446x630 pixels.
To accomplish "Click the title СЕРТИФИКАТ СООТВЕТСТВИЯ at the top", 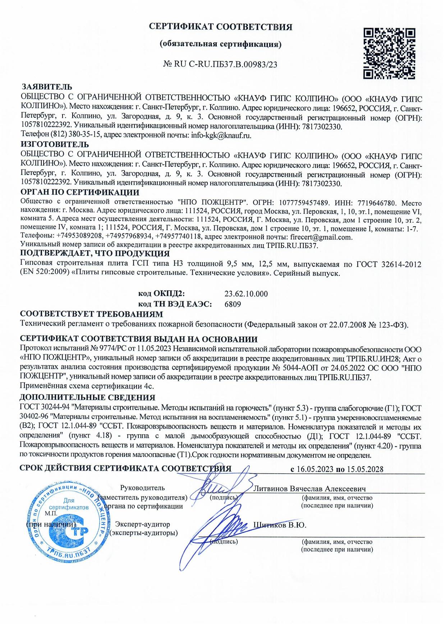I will point(221,27).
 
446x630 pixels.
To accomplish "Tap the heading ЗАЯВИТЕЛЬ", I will point(47,87).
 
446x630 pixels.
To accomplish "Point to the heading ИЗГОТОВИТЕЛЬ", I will point(55,144).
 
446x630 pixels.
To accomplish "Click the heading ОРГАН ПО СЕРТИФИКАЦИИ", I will point(80,193).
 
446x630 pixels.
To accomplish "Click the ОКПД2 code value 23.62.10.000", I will point(246,294).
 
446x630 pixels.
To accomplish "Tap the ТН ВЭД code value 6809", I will point(232,304).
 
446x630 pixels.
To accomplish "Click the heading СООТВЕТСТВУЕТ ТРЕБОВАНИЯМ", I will point(92,314).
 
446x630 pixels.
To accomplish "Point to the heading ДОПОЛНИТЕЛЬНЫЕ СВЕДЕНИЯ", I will point(87,398).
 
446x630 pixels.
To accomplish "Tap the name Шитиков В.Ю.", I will point(280,525).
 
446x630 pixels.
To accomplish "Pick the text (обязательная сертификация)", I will point(220,44).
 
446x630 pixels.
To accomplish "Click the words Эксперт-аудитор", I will point(142,525).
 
